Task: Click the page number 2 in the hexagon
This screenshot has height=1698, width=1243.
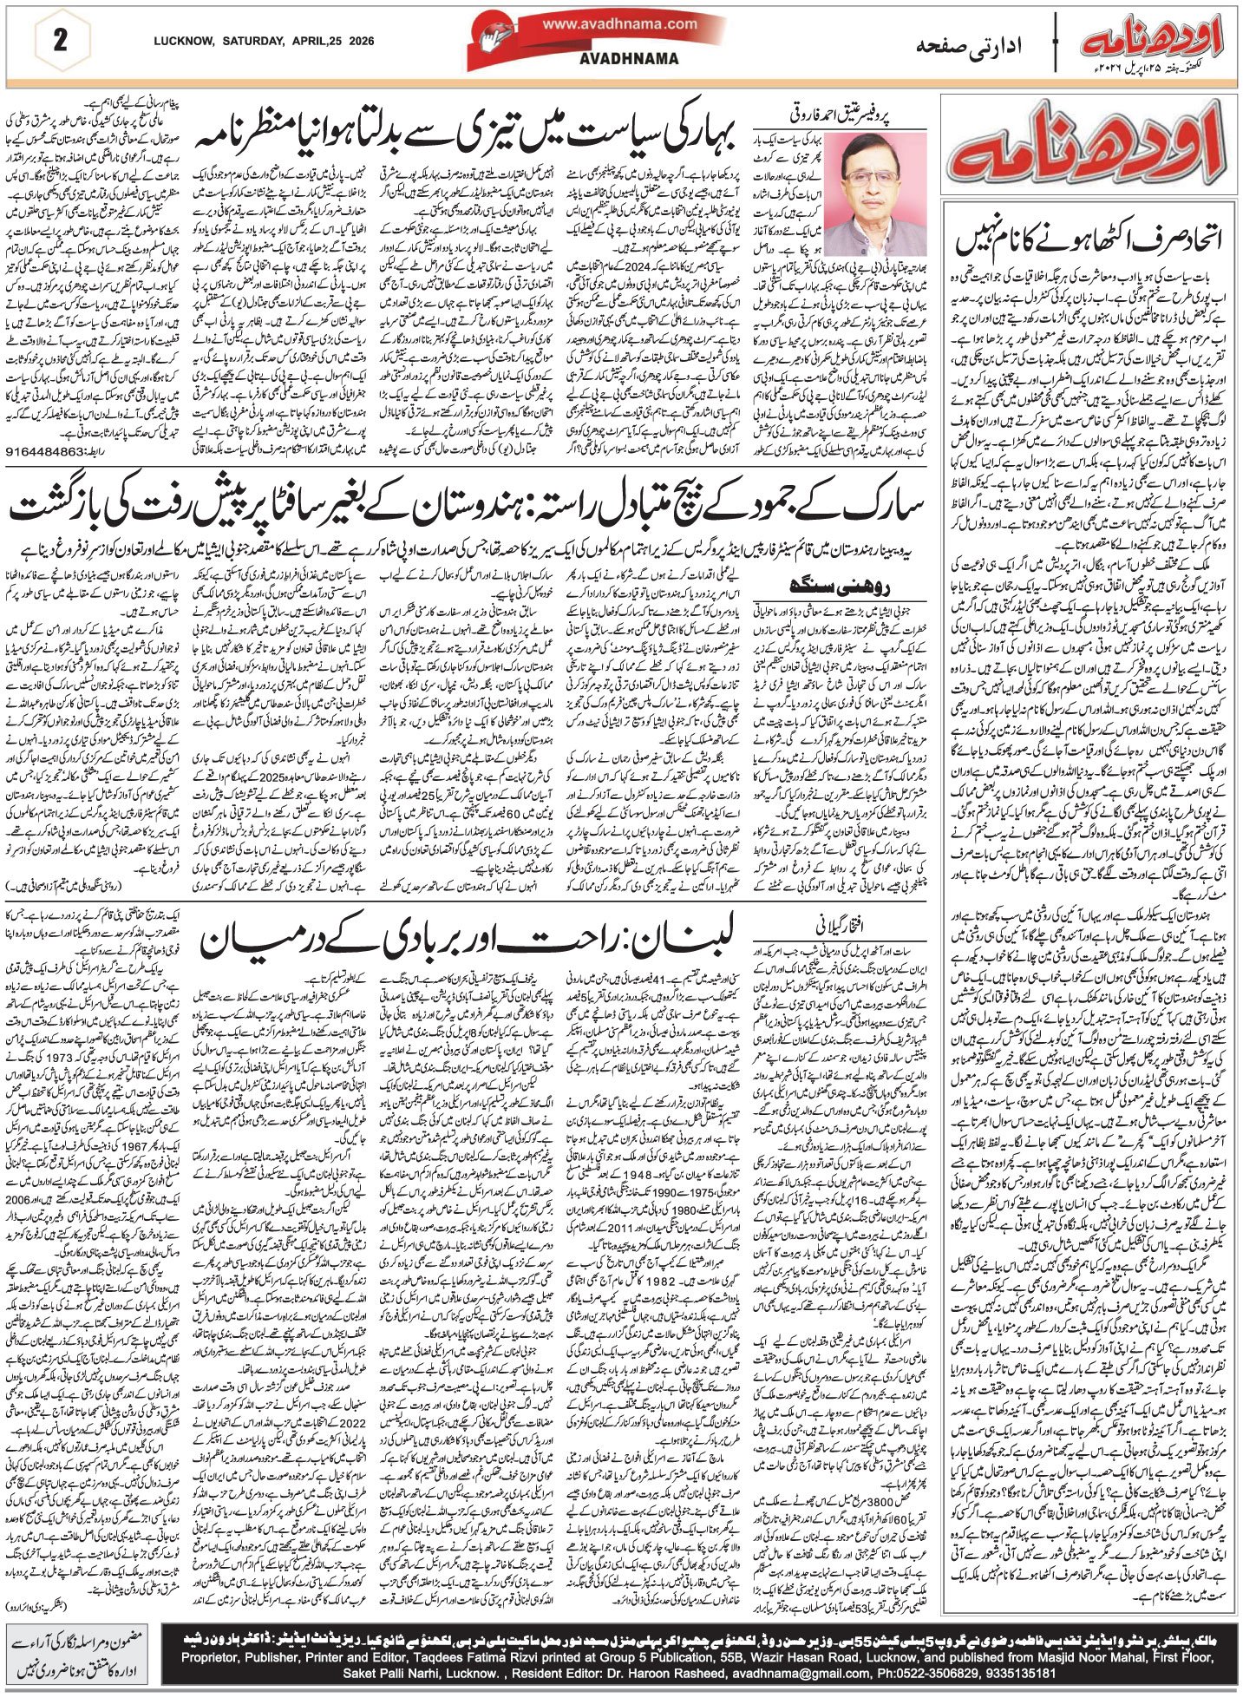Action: tap(59, 41)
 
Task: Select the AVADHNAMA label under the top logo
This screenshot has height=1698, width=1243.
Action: tap(621, 58)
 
